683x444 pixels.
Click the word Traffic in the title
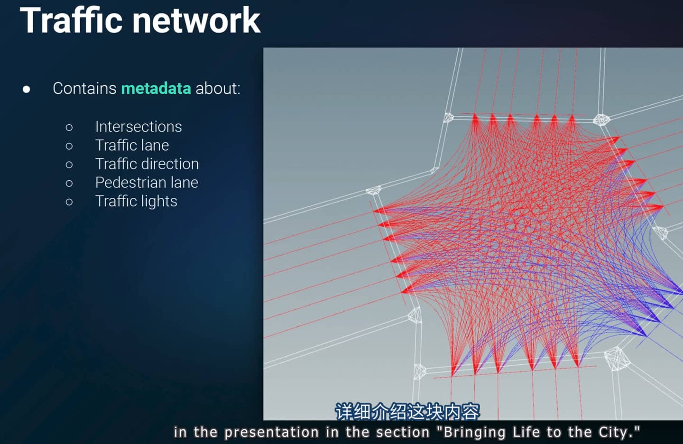tap(71, 20)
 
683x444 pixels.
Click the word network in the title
tap(197, 20)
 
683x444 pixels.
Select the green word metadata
tap(156, 88)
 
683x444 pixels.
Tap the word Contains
tap(84, 88)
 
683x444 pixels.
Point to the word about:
tap(218, 88)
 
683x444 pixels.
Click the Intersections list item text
tap(138, 127)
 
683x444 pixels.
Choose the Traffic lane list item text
tap(132, 145)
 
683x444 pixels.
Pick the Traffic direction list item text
tap(147, 164)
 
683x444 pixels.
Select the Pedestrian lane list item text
tap(147, 182)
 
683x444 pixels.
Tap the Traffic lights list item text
tap(136, 201)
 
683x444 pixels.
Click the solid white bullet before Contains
tap(27, 89)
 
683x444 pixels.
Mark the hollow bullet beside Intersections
tap(69, 128)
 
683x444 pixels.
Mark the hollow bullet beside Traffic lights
tap(69, 202)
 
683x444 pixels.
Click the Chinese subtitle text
tap(408, 411)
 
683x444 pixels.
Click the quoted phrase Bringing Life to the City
tap(538, 432)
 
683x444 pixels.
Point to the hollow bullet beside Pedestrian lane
tap(69, 183)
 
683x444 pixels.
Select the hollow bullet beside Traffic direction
tap(69, 165)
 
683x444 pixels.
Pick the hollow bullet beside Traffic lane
tap(69, 146)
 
